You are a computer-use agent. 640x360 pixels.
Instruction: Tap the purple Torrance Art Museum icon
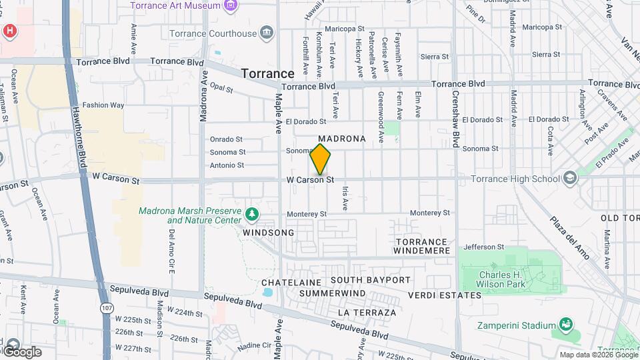(231, 6)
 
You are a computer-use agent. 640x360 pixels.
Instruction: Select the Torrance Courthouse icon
(267, 33)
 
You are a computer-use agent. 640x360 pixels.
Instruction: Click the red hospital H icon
(9, 31)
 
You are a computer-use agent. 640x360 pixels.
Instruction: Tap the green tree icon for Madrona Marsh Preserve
(252, 214)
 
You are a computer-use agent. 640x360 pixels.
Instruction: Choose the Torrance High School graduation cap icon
(569, 178)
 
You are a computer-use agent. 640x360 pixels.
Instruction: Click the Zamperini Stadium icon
(567, 325)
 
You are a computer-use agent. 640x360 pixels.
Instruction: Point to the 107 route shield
(107, 308)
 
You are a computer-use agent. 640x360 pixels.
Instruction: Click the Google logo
(21, 351)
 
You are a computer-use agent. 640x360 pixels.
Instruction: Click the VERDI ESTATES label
(445, 295)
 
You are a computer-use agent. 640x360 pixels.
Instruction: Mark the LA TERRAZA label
(367, 312)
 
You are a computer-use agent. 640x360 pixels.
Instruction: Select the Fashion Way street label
(103, 105)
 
